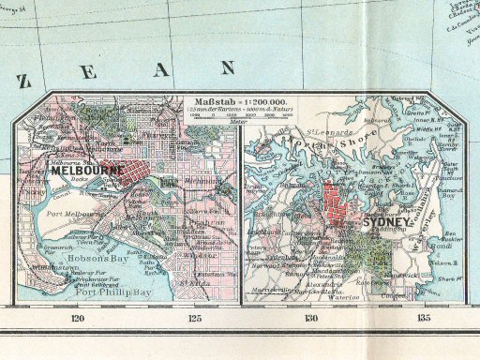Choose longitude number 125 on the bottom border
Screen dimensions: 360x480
[195, 319]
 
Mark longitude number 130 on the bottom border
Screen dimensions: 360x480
[312, 319]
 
